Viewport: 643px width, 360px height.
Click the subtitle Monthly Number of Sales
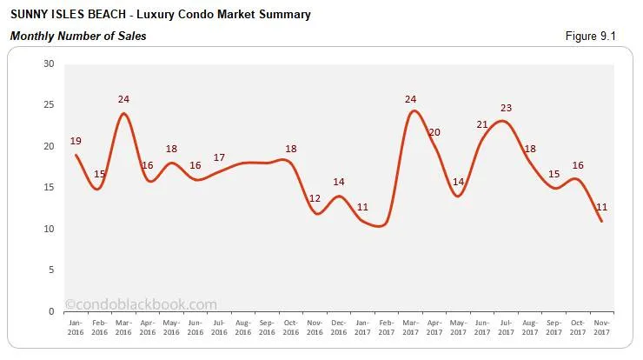[x=77, y=37]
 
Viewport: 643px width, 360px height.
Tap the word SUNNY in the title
[x=29, y=15]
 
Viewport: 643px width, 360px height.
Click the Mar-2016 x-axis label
[x=124, y=326]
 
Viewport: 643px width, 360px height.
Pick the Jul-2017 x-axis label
[x=504, y=326]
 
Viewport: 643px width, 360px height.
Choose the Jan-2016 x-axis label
[x=76, y=326]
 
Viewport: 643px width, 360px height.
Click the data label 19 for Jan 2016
[x=76, y=141]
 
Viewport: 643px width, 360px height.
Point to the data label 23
[x=507, y=109]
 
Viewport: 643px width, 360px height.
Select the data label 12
[x=315, y=199]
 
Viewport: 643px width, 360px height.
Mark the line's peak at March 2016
[x=124, y=113]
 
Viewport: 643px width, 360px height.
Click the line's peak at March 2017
[x=412, y=110]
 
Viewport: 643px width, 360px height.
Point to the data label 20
[x=434, y=132]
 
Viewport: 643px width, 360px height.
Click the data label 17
[x=219, y=157]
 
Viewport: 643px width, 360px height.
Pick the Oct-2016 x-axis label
[x=291, y=326]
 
